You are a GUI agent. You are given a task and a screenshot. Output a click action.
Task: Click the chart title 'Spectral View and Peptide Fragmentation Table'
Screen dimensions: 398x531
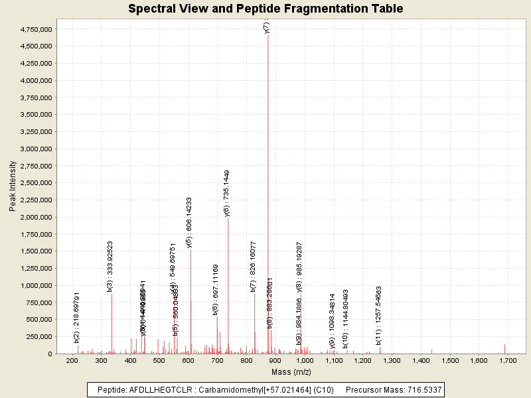point(265,9)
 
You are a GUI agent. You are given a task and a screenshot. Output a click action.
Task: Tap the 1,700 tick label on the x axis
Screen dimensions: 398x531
point(508,360)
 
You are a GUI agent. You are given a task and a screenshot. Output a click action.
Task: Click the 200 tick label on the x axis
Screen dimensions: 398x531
point(72,360)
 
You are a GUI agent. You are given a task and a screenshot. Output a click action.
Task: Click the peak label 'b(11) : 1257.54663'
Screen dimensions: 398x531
point(378,311)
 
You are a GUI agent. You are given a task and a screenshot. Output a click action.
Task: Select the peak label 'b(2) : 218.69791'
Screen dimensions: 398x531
point(77,317)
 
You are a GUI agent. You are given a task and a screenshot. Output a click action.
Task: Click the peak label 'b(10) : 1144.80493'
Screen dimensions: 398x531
point(346,309)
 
